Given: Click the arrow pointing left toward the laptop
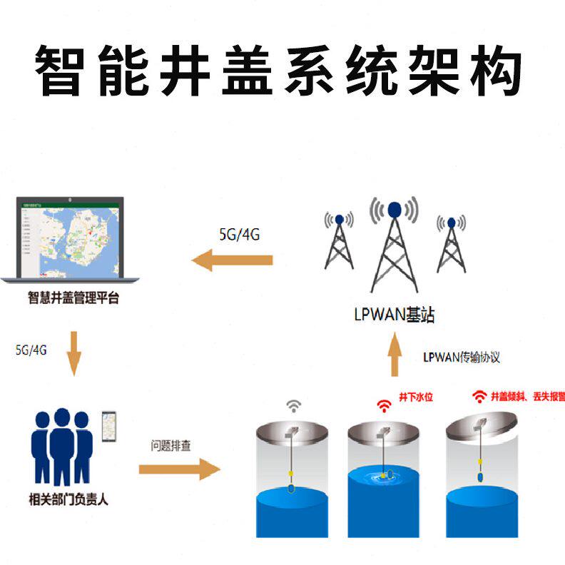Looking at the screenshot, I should pyautogui.click(x=232, y=260).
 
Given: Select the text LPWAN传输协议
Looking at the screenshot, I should pyautogui.click(x=461, y=357).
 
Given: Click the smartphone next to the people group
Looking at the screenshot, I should pyautogui.click(x=108, y=426).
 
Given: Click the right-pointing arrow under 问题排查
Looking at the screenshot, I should pyautogui.click(x=178, y=469).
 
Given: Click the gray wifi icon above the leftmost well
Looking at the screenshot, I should pyautogui.click(x=293, y=406).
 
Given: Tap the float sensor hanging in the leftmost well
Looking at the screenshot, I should pyautogui.click(x=292, y=489).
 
